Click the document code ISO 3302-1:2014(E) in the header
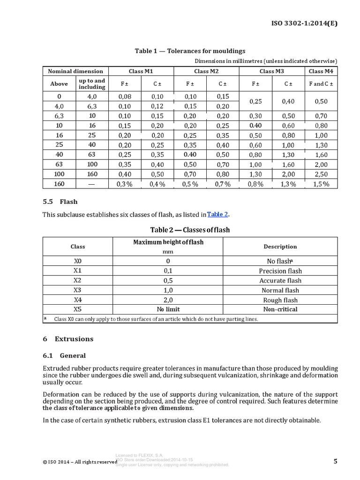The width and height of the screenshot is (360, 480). [305, 22]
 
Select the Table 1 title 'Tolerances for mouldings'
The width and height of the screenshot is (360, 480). [190, 51]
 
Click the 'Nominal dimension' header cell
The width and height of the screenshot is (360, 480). [75, 71]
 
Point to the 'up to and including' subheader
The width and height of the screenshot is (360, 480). [92, 84]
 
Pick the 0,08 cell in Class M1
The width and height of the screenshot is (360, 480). [125, 96]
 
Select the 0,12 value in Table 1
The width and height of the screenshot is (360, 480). [157, 106]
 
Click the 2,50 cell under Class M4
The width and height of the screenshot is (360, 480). [321, 174]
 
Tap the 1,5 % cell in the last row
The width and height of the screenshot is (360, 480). [321, 184]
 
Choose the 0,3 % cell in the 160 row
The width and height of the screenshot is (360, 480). [125, 184]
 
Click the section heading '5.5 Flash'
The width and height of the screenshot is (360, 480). [60, 202]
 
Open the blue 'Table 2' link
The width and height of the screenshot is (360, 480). [217, 214]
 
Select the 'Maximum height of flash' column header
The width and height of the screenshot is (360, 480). [168, 242]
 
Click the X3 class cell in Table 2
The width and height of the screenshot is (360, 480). [78, 290]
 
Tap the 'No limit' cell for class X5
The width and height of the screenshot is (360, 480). [168, 309]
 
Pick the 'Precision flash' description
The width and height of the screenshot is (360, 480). [280, 271]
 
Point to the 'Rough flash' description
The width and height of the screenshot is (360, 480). [280, 300]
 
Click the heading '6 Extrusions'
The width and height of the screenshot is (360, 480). [68, 339]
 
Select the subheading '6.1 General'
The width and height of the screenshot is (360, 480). [64, 356]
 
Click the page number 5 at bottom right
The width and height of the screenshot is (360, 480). [335, 461]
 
